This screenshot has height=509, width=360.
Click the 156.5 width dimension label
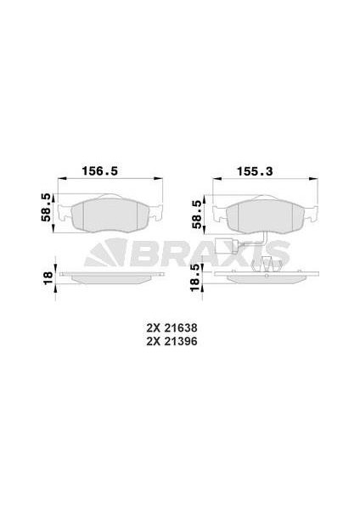click(99, 171)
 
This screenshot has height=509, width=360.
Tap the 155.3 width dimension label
click(255, 171)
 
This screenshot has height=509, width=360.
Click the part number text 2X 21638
click(172, 328)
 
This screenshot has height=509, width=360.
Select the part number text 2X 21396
click(172, 342)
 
